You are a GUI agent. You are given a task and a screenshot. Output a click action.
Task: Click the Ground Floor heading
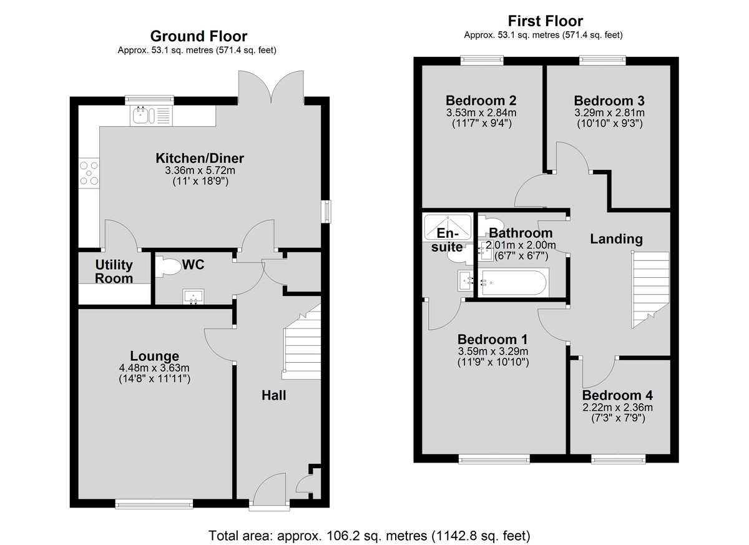coord(198,36)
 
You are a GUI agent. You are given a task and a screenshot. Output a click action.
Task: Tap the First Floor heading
coord(546,21)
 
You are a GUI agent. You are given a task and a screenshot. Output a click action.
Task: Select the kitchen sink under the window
coord(151,115)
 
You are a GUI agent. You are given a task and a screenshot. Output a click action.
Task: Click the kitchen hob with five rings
coord(89,173)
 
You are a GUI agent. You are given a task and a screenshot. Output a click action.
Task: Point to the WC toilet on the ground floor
coord(168,267)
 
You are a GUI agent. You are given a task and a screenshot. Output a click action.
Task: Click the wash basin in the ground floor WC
coord(193,297)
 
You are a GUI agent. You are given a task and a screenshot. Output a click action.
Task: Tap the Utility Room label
coord(114,272)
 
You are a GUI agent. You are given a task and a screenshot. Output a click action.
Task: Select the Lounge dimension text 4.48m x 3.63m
coord(154,368)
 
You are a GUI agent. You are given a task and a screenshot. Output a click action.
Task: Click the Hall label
coord(273,395)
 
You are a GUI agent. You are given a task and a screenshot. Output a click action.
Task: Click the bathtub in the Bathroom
coord(513,283)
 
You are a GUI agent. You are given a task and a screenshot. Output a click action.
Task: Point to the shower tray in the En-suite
coord(448,227)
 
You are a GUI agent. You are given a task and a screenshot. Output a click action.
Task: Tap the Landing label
coord(616,239)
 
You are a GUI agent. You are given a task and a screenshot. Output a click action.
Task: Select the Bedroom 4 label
coord(617,395)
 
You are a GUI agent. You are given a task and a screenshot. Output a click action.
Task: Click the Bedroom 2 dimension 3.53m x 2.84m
coord(481,112)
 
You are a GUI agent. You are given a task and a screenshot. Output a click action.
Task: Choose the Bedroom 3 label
coord(609,101)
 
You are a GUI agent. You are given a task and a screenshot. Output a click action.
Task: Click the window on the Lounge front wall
coord(154,504)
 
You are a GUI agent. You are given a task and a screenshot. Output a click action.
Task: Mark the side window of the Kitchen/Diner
coord(326,211)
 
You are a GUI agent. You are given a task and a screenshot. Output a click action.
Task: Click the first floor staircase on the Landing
coord(650,290)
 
